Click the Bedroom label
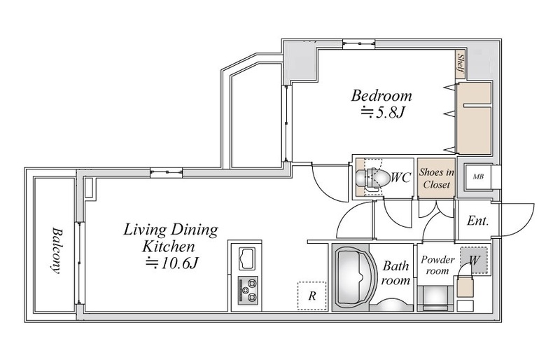click(381, 96)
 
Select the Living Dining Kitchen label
click(170, 237)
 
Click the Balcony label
click(55, 250)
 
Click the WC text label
click(401, 177)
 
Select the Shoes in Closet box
click(436, 178)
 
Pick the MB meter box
click(478, 176)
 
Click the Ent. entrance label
click(477, 221)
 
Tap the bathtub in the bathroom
click(355, 277)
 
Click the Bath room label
click(395, 273)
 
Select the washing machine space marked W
click(474, 261)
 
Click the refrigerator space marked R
click(312, 296)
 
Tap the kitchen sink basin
click(246, 258)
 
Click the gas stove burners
click(248, 290)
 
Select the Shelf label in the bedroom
click(461, 64)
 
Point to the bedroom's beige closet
click(475, 117)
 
